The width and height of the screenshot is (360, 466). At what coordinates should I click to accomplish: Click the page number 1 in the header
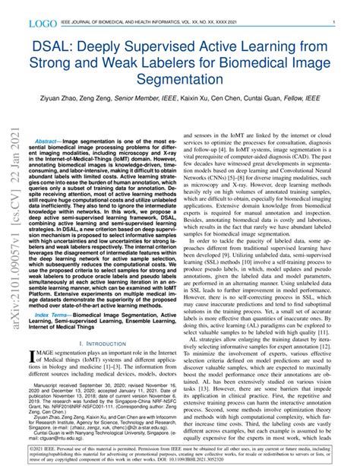click(x=335, y=24)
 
